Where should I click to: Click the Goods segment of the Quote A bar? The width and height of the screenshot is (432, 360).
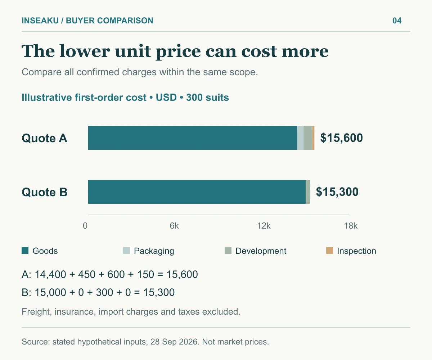(x=193, y=138)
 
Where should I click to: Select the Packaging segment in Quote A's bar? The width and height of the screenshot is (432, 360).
(x=300, y=138)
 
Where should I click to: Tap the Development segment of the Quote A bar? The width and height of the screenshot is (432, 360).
(x=308, y=138)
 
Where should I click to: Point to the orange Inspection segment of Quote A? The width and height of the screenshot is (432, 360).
(x=314, y=138)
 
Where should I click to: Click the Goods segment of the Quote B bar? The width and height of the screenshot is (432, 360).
(x=197, y=192)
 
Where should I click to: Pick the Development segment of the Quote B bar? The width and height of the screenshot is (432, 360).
(x=308, y=192)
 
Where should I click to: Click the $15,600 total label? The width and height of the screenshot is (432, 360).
(x=342, y=138)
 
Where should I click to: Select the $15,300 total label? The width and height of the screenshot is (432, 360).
(x=337, y=192)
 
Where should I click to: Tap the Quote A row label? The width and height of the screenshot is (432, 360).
(x=45, y=138)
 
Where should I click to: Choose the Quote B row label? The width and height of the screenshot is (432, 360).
(x=45, y=192)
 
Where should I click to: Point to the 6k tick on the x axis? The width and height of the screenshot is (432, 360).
(x=174, y=226)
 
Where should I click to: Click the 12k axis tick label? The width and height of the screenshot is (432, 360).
(x=264, y=226)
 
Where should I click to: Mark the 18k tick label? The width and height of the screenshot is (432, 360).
(x=351, y=226)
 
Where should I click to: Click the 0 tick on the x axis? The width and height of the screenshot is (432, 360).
(x=85, y=226)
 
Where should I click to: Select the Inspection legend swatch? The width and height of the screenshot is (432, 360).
(x=330, y=250)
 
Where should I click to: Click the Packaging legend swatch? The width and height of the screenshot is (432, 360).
(x=126, y=250)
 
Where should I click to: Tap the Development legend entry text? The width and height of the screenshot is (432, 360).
(x=261, y=251)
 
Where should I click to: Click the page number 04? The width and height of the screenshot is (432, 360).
(x=397, y=21)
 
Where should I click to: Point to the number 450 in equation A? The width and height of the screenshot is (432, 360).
(x=87, y=275)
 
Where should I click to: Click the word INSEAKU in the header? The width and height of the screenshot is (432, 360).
(x=40, y=21)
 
